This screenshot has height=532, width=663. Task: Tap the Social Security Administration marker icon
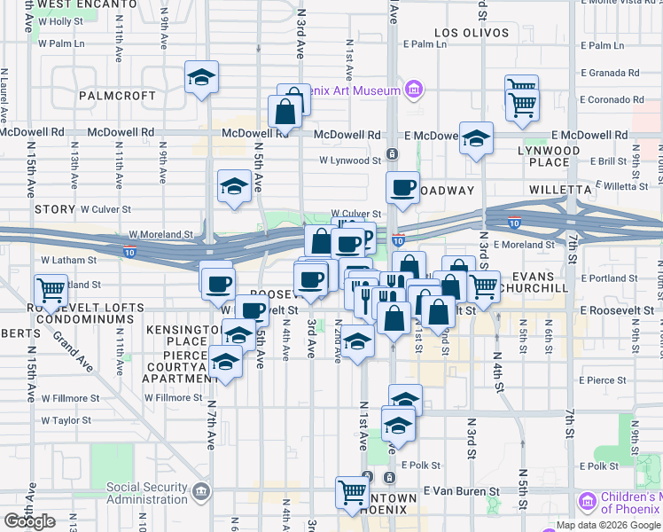tap(202, 490)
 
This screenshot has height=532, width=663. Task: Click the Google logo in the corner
tap(29, 521)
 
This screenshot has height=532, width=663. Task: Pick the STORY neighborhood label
tap(55, 209)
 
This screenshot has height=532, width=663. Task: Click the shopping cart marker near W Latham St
tap(51, 289)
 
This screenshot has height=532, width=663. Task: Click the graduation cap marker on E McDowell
tap(476, 137)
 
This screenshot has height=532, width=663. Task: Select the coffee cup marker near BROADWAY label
tap(403, 188)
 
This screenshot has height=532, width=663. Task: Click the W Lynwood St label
tap(349, 160)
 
